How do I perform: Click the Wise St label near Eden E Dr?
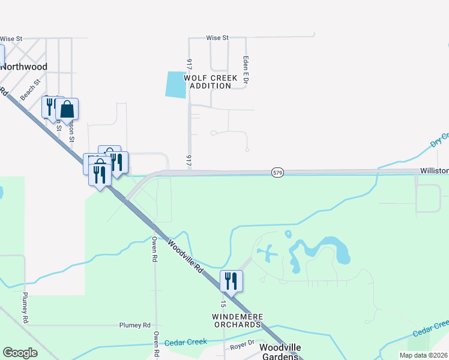(x=217, y=38)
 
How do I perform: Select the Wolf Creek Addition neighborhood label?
(x=211, y=82)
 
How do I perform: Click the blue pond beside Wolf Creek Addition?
(x=175, y=85)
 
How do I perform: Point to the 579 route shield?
(x=277, y=172)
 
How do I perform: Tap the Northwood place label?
(x=23, y=67)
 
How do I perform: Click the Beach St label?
(x=29, y=90)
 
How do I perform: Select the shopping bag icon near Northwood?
(x=67, y=109)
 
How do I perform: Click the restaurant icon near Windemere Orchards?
(x=231, y=280)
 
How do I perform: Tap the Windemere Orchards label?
(x=237, y=320)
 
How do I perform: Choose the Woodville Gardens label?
(x=278, y=352)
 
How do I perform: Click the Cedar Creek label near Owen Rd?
(x=186, y=342)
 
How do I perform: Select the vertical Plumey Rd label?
(x=25, y=308)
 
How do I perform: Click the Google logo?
(x=20, y=353)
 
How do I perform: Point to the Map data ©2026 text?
(x=424, y=355)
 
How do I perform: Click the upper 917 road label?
(x=189, y=64)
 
